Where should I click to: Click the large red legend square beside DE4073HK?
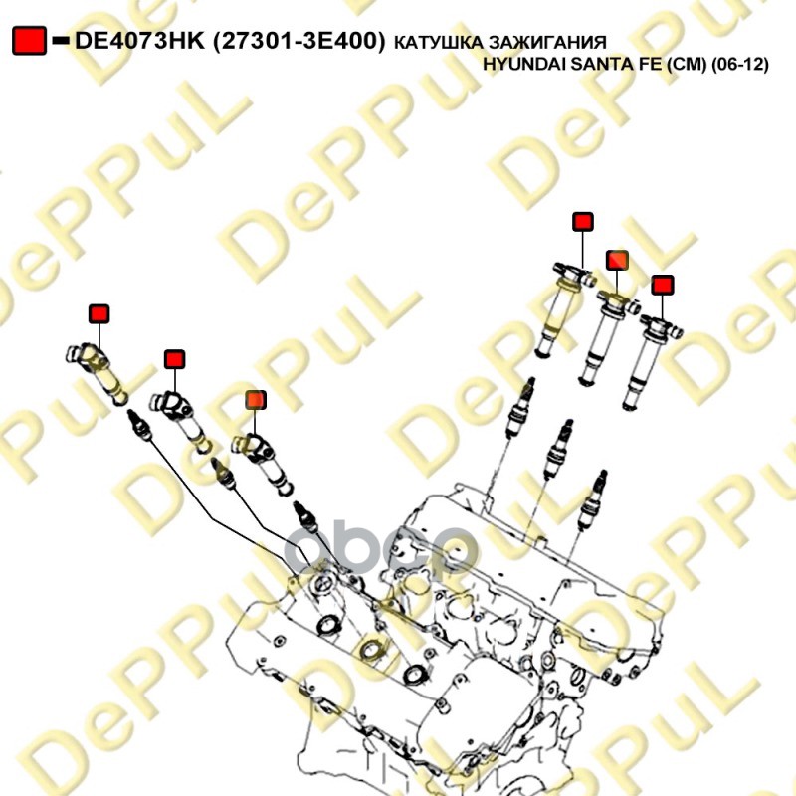click(30, 41)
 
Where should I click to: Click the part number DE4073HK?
click(139, 41)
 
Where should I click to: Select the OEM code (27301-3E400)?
click(298, 41)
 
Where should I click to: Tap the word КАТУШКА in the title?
click(438, 43)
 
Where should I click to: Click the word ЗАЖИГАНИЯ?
click(547, 43)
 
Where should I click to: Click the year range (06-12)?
click(739, 64)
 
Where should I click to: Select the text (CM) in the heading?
click(687, 64)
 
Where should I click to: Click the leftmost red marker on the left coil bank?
click(99, 314)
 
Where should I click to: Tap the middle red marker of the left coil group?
click(175, 359)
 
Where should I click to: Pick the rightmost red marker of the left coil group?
click(256, 400)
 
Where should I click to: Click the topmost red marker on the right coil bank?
click(583, 222)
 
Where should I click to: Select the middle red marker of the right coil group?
click(617, 260)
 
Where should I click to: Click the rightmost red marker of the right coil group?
click(663, 285)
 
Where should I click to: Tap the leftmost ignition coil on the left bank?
click(98, 371)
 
